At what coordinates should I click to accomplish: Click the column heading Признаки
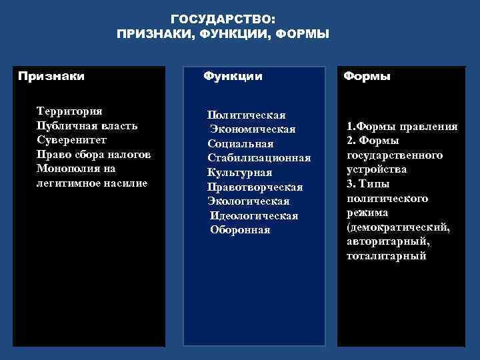click(51, 76)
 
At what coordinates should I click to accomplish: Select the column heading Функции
click(233, 76)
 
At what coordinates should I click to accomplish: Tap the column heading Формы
click(367, 76)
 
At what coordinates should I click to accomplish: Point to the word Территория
click(69, 111)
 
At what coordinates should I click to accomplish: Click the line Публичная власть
click(87, 126)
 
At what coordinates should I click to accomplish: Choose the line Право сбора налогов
click(94, 154)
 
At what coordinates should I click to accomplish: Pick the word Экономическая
click(253, 129)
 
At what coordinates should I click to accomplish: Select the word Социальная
click(241, 144)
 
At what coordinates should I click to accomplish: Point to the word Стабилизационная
click(259, 158)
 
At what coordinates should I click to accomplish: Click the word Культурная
click(239, 173)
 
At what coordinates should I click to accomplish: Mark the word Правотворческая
click(255, 187)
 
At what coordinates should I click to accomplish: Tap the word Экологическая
click(248, 201)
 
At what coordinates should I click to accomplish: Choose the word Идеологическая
click(254, 216)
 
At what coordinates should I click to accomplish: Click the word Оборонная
click(240, 230)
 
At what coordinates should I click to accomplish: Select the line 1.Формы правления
click(402, 126)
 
